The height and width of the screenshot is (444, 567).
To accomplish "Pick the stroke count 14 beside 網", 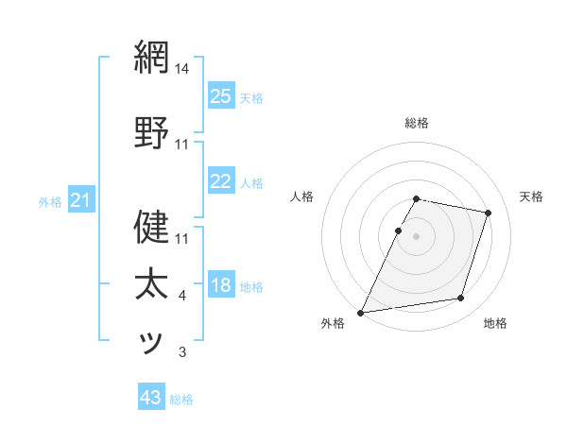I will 182,69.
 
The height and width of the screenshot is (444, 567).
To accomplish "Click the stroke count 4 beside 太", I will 182,296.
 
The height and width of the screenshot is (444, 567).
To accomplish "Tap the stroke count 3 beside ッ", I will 182,353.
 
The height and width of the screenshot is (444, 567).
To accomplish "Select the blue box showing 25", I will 220,95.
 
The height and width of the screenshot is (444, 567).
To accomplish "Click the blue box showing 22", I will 220,180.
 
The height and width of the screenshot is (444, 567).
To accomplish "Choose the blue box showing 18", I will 220,284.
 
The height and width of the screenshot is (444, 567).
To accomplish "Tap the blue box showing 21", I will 80,199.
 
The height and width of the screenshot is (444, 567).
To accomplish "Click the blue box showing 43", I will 150,398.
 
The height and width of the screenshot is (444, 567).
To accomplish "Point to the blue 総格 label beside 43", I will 181,400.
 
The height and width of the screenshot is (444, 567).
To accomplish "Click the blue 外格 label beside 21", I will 50,201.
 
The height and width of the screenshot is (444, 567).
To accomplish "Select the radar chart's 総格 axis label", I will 417,123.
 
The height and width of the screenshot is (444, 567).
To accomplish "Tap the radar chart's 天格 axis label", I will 532,196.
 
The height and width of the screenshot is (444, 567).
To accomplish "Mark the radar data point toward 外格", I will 361,312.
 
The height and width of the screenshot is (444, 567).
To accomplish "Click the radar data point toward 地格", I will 461,299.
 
